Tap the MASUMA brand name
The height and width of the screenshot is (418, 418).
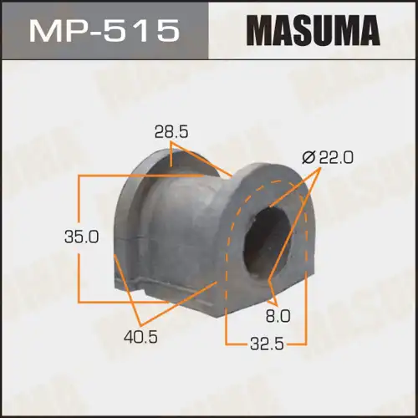tap(313, 30)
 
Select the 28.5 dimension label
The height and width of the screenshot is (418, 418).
tap(171, 132)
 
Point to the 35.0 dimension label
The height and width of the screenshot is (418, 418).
tap(81, 237)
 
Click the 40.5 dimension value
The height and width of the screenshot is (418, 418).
tap(140, 337)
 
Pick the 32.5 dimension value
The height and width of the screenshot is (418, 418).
tap(267, 344)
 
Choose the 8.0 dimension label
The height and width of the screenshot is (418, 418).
tap(278, 316)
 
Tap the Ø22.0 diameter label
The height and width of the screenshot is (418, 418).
tap(328, 157)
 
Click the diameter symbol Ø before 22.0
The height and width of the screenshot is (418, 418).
tap(308, 158)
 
